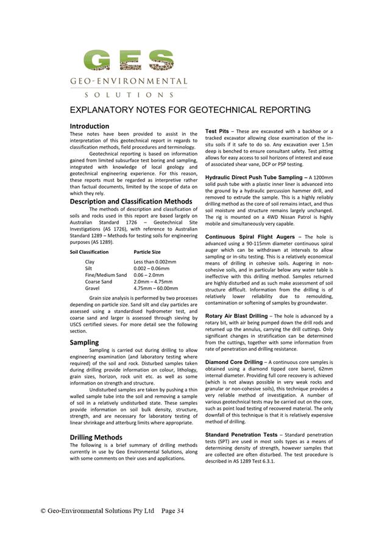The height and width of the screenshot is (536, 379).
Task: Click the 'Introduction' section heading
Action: point(89,126)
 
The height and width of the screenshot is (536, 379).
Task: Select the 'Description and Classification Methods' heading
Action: point(131,201)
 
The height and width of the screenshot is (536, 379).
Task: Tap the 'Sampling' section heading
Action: point(84,343)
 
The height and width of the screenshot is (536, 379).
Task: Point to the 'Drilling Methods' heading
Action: point(96,437)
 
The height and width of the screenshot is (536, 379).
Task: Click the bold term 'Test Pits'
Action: point(217,131)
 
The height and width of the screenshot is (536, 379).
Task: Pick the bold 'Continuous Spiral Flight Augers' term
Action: point(249,237)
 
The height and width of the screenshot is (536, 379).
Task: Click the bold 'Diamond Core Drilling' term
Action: point(234,362)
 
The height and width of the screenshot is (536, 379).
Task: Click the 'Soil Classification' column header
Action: point(89,252)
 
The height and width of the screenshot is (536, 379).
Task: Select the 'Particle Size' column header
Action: point(147,252)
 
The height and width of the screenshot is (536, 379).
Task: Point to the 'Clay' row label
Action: point(90,262)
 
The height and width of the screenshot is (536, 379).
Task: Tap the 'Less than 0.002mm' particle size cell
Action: point(155,262)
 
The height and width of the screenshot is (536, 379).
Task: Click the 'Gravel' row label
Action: point(93,288)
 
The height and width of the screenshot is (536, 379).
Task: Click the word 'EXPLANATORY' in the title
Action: point(107,110)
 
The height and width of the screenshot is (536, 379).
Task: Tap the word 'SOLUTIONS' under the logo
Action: point(129,95)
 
